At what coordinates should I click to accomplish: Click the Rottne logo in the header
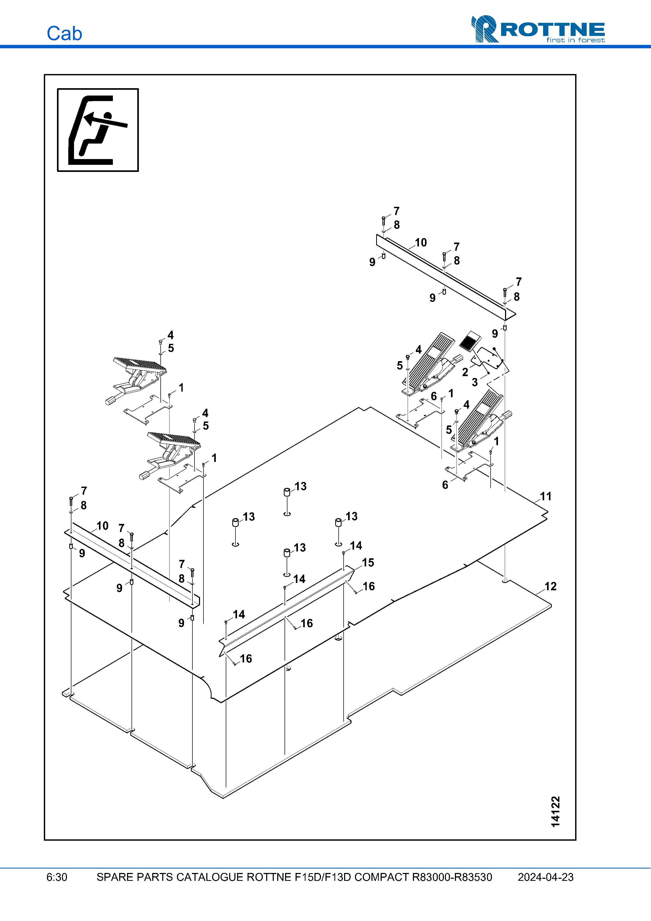click(x=538, y=29)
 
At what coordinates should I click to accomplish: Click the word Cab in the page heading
click(x=64, y=33)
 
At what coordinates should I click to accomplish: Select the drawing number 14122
click(x=555, y=812)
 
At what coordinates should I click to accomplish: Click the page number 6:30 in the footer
click(x=56, y=877)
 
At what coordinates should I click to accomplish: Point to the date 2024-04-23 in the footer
click(x=545, y=877)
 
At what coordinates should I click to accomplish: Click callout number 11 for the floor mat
click(x=545, y=496)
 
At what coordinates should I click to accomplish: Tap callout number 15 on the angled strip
click(x=368, y=563)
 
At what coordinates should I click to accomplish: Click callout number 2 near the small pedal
click(x=465, y=372)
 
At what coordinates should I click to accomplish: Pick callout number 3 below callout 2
click(x=475, y=382)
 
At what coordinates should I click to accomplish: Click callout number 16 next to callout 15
click(x=369, y=586)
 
